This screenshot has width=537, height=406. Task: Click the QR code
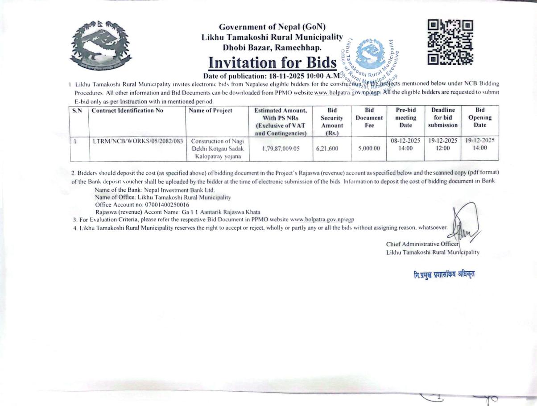tap(450, 42)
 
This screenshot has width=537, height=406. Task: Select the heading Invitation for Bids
tap(272, 63)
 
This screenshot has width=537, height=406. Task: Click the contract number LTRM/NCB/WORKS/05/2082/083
tap(137, 141)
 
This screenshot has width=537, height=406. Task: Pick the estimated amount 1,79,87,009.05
tap(281, 149)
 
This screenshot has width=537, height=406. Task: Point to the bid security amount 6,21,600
tap(327, 149)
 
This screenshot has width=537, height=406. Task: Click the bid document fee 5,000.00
tap(369, 149)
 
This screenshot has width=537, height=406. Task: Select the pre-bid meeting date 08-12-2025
tap(405, 141)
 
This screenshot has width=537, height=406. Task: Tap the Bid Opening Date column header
tap(479, 117)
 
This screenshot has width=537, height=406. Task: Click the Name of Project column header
tap(211, 111)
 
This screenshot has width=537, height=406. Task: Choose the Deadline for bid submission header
tap(443, 117)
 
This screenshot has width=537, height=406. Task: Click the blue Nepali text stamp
tap(444, 273)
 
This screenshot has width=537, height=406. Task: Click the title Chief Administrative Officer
tap(422, 244)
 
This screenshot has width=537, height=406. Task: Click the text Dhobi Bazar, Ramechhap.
tap(272, 47)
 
